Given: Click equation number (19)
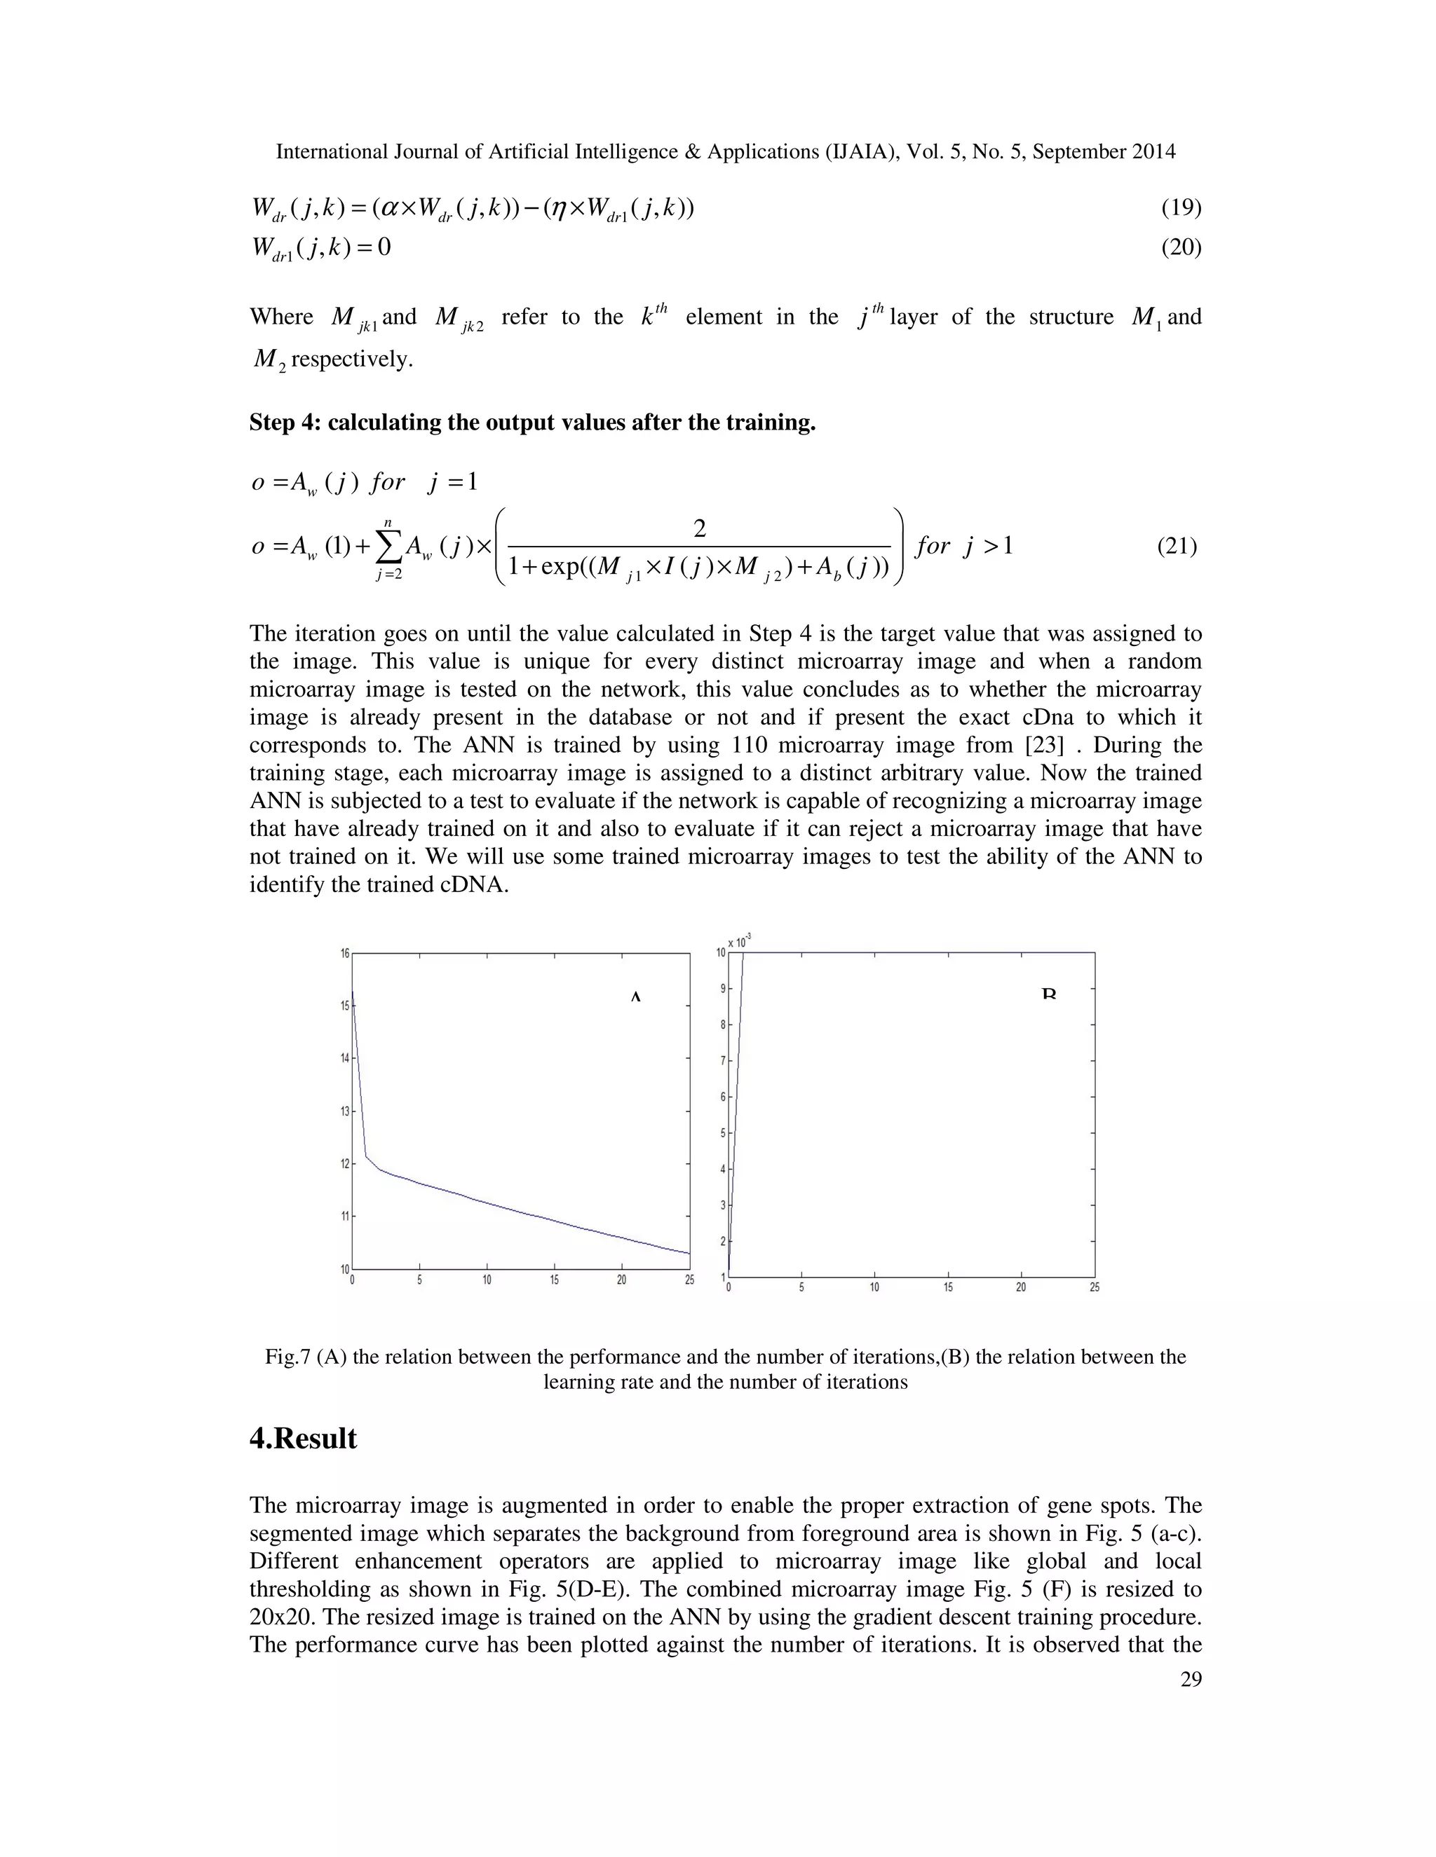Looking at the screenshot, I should tap(1181, 207).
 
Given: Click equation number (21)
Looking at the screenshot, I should tap(1177, 546).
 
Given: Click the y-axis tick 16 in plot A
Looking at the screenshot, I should tap(344, 953).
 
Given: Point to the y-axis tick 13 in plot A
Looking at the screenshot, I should tap(344, 1111).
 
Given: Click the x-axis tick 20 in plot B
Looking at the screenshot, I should tap(1021, 1287).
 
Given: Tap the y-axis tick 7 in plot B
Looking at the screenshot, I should tap(722, 1060).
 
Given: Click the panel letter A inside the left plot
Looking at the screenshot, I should tap(635, 996).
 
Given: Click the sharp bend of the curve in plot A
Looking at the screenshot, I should tap(367, 1157).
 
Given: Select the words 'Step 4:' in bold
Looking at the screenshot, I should tap(284, 423).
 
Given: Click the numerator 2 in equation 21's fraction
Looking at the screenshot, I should tap(699, 529).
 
